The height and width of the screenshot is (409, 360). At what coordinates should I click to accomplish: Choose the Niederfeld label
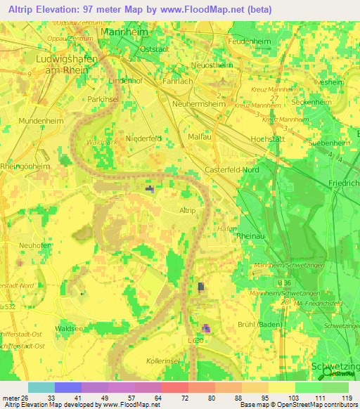pos(143,138)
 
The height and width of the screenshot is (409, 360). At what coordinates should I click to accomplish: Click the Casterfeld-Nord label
pos(233,171)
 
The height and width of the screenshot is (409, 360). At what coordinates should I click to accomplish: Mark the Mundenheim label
pos(22,120)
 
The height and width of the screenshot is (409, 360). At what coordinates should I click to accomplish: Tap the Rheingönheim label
pos(25,167)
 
